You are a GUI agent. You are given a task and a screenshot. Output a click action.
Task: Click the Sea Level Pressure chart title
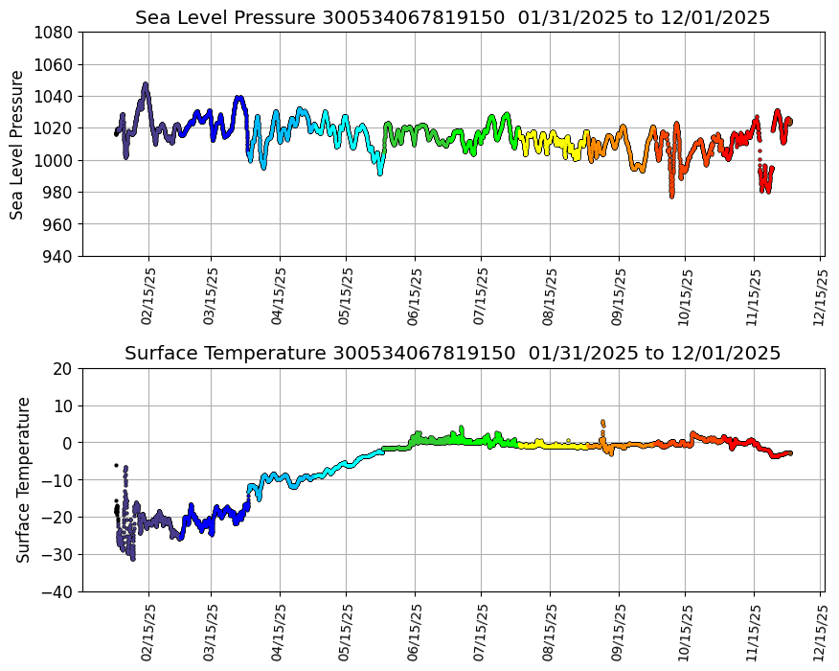click(x=452, y=18)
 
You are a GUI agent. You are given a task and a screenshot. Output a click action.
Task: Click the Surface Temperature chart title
click(x=452, y=354)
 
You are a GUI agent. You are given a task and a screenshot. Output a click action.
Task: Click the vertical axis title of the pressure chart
click(x=18, y=144)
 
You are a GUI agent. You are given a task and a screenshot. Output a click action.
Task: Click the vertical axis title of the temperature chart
click(x=24, y=479)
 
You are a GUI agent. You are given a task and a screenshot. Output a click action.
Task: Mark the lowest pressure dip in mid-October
click(x=671, y=195)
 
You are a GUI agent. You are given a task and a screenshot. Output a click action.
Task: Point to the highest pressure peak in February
click(x=146, y=85)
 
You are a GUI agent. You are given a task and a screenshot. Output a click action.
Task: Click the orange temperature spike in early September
click(x=602, y=422)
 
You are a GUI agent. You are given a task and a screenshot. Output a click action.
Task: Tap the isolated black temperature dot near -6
click(x=116, y=465)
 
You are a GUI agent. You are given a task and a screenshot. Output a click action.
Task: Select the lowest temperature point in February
click(x=132, y=557)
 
